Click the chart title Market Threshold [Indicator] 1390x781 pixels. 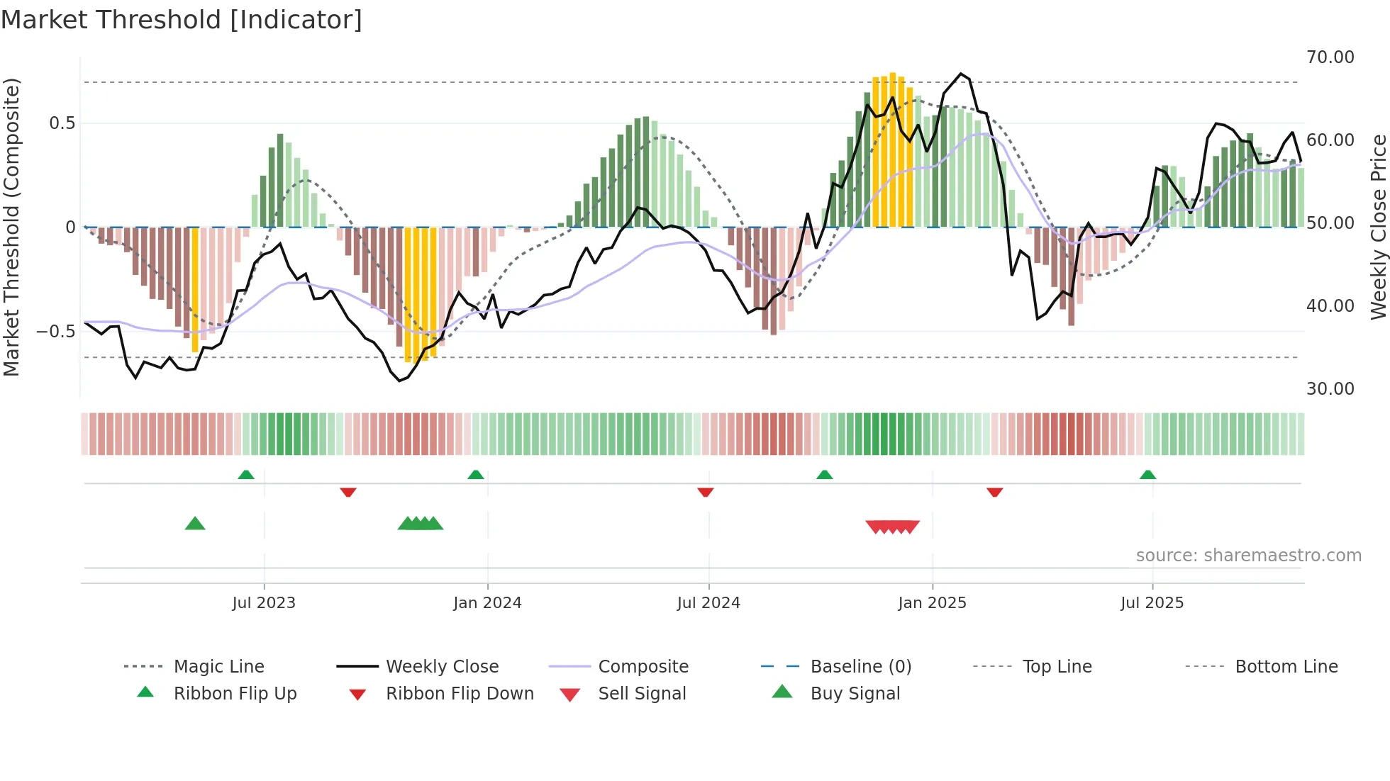[182, 20]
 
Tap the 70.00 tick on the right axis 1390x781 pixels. [1330, 57]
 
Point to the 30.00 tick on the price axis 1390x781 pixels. [1330, 389]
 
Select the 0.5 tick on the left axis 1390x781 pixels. [62, 123]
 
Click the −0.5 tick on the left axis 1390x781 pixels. [56, 332]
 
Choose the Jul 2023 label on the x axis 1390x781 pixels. [264, 603]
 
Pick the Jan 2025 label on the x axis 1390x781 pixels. [932, 603]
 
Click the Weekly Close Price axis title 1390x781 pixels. [1378, 227]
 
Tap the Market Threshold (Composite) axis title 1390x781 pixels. [11, 227]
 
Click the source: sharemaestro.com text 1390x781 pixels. [1248, 556]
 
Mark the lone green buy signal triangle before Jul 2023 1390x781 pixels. [195, 524]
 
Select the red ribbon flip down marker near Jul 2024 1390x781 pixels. [705, 492]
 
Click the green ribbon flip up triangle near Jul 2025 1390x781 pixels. [1147, 475]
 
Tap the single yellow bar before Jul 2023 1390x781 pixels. [195, 289]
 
